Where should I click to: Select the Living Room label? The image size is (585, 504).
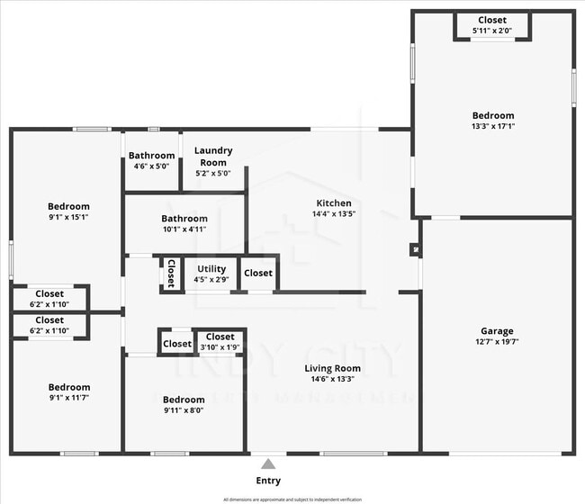(x=332, y=368)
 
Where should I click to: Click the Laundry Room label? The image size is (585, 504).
(x=213, y=157)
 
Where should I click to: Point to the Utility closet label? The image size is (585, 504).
(x=211, y=269)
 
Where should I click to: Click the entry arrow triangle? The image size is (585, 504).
(x=268, y=464)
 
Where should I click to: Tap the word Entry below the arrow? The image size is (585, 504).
(x=268, y=481)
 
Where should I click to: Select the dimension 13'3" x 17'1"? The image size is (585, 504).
(x=493, y=127)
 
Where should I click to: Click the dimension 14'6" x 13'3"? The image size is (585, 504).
(x=332, y=380)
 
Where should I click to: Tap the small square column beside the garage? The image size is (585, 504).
(x=414, y=249)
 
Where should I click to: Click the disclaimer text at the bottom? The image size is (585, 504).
(x=292, y=499)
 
